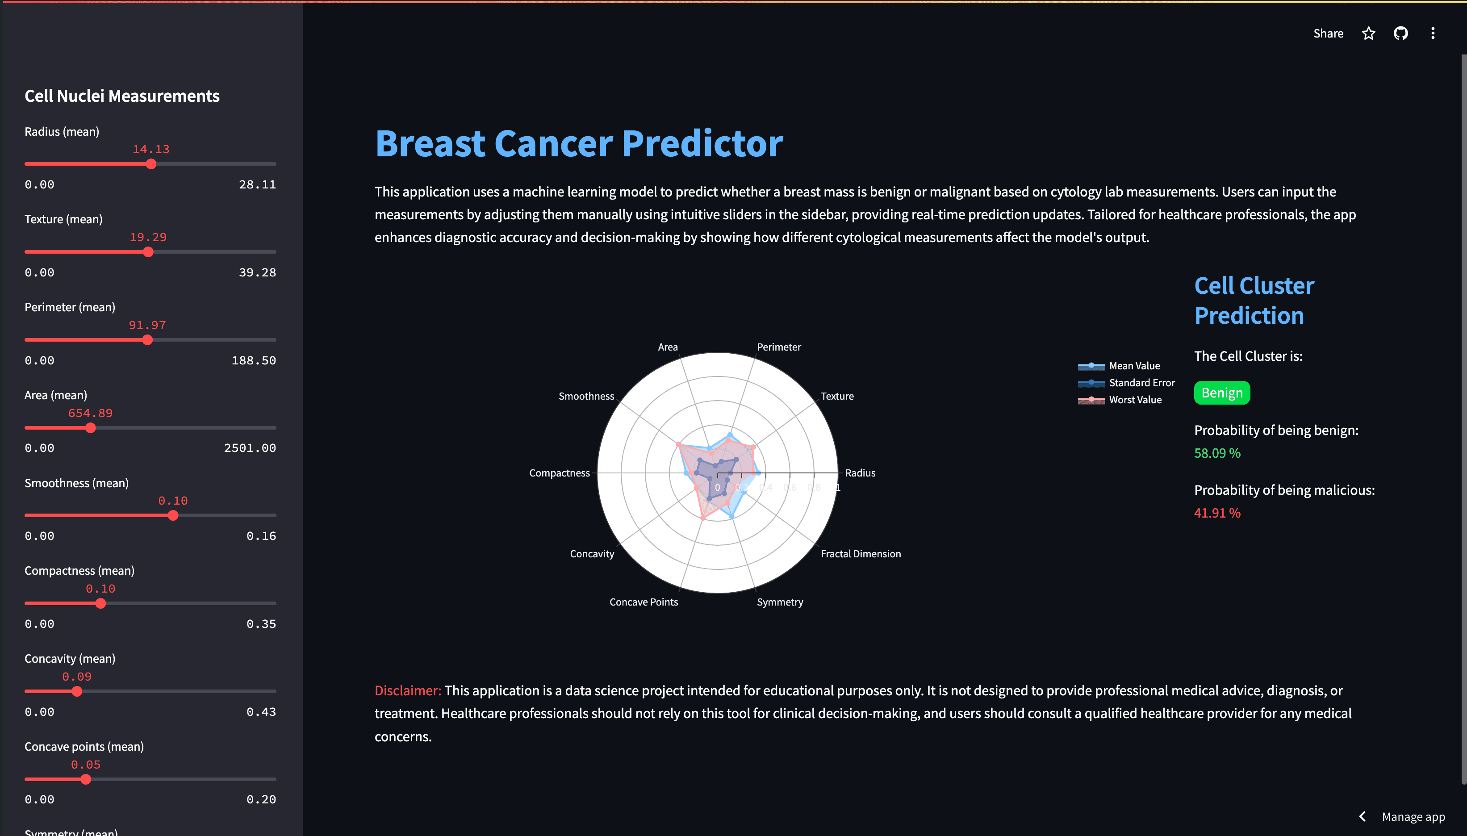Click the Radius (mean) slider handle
coord(151,164)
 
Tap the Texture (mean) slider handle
coord(148,252)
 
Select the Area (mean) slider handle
coord(90,428)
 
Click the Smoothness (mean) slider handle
coord(173,516)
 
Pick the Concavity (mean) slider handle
coord(77,691)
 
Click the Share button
coord(1328,33)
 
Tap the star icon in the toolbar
coord(1369,33)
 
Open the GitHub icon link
coord(1401,33)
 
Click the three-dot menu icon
coord(1433,33)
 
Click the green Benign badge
coord(1222,393)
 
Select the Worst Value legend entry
coord(1120,400)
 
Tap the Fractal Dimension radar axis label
coord(861,553)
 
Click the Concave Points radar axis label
coord(644,602)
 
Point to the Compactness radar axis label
coord(559,473)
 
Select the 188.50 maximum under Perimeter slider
coord(254,360)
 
